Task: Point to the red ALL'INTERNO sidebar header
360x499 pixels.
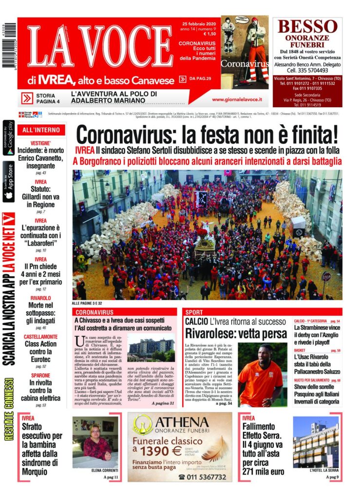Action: click(x=41, y=130)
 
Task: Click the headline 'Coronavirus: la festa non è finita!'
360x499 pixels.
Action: click(x=207, y=135)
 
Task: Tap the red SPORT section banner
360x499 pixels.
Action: click(x=262, y=312)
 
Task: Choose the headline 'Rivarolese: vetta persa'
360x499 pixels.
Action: click(x=236, y=334)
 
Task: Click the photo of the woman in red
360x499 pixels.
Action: click(x=95, y=442)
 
